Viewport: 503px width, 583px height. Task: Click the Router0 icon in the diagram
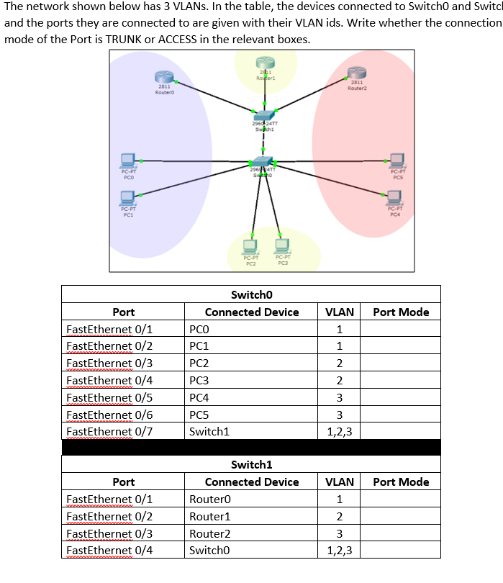164,76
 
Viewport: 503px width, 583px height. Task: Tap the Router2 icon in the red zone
357,72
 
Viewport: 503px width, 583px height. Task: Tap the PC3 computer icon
281,245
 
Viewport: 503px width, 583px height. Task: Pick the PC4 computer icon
394,197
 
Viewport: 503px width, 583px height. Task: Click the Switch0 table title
250,294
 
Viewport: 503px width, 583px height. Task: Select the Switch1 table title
250,465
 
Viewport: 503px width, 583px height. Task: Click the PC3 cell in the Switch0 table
199,380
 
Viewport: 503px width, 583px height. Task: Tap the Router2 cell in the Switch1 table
209,533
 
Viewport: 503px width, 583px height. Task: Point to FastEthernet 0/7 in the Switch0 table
109,431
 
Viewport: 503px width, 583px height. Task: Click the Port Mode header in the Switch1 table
401,482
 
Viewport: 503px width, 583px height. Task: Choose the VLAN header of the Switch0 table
340,312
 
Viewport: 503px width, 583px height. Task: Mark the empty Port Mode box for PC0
401,329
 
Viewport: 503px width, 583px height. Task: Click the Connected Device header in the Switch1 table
252,482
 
